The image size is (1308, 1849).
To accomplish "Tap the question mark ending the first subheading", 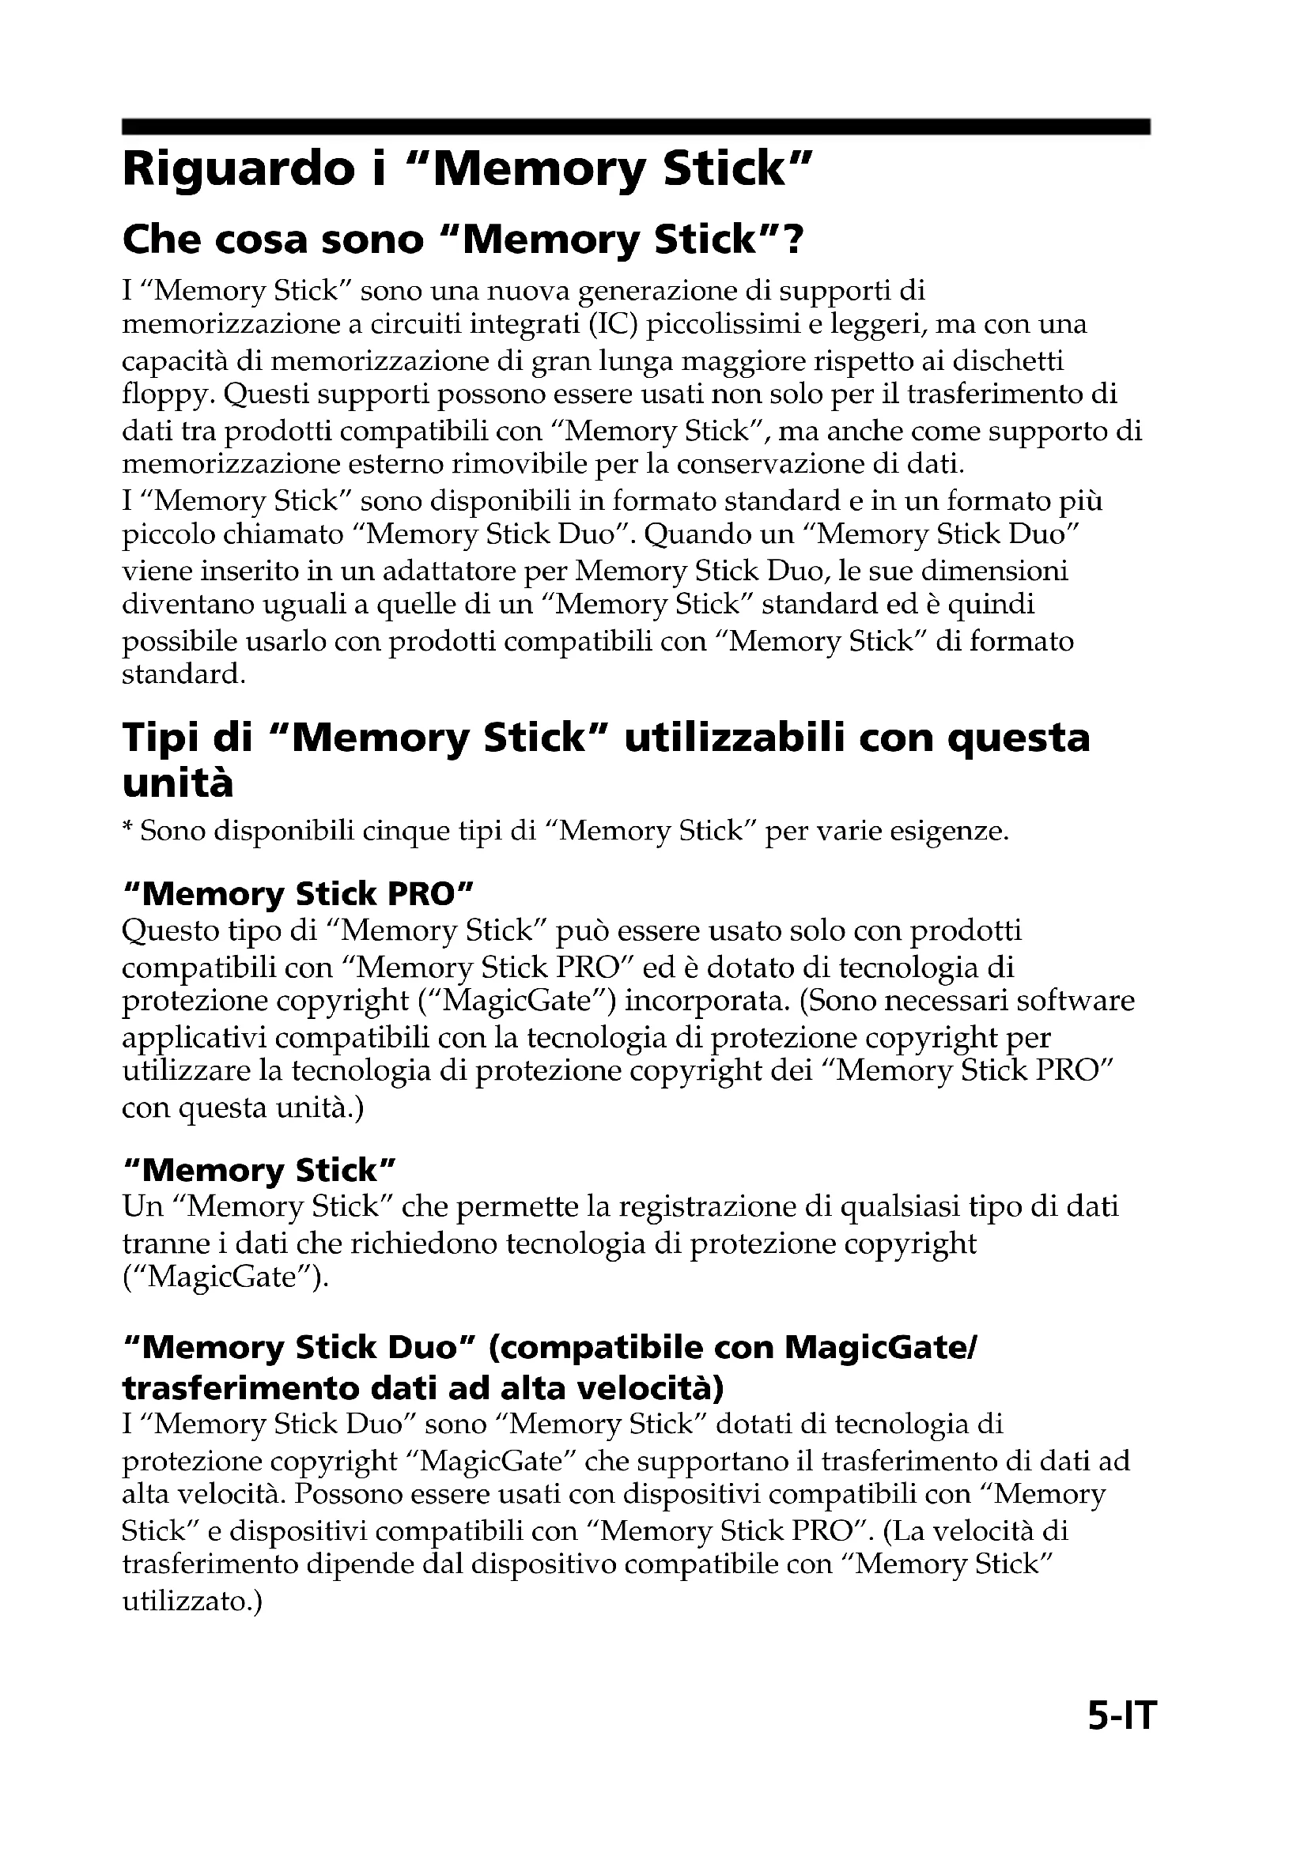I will click(x=793, y=240).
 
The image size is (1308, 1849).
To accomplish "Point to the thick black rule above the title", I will click(x=636, y=126).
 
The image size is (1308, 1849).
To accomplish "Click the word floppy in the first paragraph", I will click(x=167, y=395).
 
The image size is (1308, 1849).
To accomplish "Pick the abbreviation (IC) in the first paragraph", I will click(x=611, y=325).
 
